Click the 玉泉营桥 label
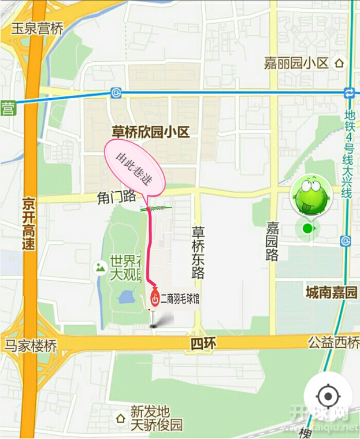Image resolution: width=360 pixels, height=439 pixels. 37,28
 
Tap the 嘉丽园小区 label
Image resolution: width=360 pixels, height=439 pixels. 296,63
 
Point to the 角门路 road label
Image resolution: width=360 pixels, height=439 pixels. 116,198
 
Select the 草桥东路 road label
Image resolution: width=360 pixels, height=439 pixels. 198,252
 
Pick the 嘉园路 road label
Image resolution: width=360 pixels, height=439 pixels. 272,241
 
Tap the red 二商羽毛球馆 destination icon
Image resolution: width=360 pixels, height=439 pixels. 155,298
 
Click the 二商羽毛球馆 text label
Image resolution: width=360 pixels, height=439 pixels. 180,299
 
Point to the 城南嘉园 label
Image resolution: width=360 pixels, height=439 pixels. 332,292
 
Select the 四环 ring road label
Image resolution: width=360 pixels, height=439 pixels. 203,344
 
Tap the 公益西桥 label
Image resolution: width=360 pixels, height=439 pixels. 334,343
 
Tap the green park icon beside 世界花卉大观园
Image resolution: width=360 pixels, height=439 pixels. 101,267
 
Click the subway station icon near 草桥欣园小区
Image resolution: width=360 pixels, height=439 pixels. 117,92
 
